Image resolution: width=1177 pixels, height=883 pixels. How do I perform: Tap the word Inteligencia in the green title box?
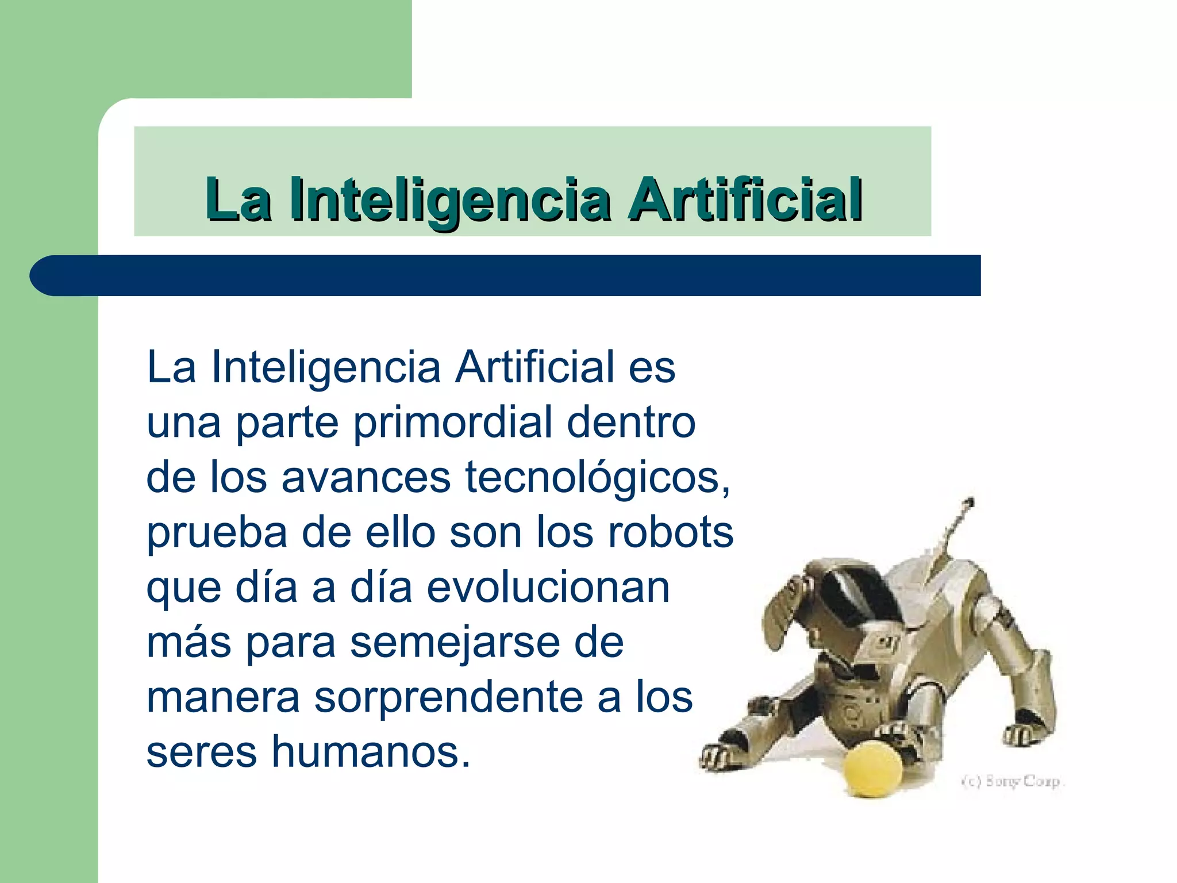coord(450,200)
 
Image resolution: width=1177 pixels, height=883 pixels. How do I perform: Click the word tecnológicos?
coord(598,478)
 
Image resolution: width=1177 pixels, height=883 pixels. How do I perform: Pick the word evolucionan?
coord(548,588)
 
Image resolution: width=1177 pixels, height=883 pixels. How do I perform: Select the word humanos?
coord(371,752)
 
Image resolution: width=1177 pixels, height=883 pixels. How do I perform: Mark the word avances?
coord(366,478)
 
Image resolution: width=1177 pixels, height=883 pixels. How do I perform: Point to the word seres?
coord(201,752)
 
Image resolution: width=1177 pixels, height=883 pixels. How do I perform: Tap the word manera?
coord(223,698)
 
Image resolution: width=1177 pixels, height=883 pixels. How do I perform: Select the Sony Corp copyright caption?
coord(1013,781)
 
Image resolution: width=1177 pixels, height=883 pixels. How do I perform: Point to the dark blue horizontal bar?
coord(506,275)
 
